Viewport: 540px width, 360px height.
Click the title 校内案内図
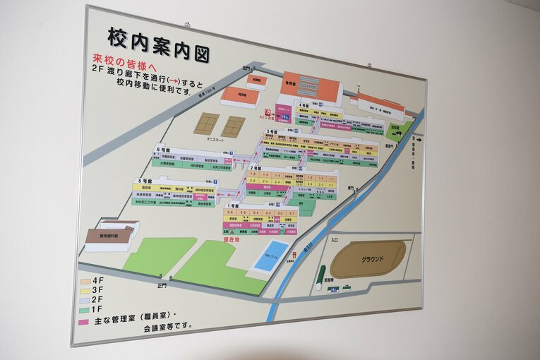pyautogui.click(x=158, y=42)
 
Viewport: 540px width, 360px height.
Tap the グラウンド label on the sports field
pyautogui.click(x=372, y=259)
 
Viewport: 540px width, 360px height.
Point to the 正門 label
pyautogui.click(x=162, y=287)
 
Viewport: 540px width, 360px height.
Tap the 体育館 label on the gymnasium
pyautogui.click(x=290, y=83)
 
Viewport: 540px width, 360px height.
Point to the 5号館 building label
pyautogui.click(x=145, y=181)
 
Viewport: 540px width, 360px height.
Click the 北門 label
pyautogui.click(x=246, y=68)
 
